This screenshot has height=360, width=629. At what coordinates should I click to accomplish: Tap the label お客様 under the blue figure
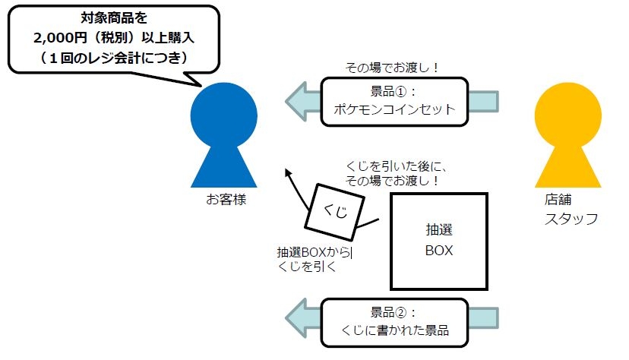pyautogui.click(x=226, y=200)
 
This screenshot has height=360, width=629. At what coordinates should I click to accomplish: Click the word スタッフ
pyautogui.click(x=571, y=219)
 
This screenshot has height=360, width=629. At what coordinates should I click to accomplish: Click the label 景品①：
pyautogui.click(x=394, y=92)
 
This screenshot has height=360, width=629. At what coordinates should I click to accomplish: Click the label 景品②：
pyautogui.click(x=394, y=313)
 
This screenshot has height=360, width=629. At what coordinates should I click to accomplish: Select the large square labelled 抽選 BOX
pyautogui.click(x=438, y=241)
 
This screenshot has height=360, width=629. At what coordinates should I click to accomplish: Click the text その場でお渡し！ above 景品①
pyautogui.click(x=393, y=68)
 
